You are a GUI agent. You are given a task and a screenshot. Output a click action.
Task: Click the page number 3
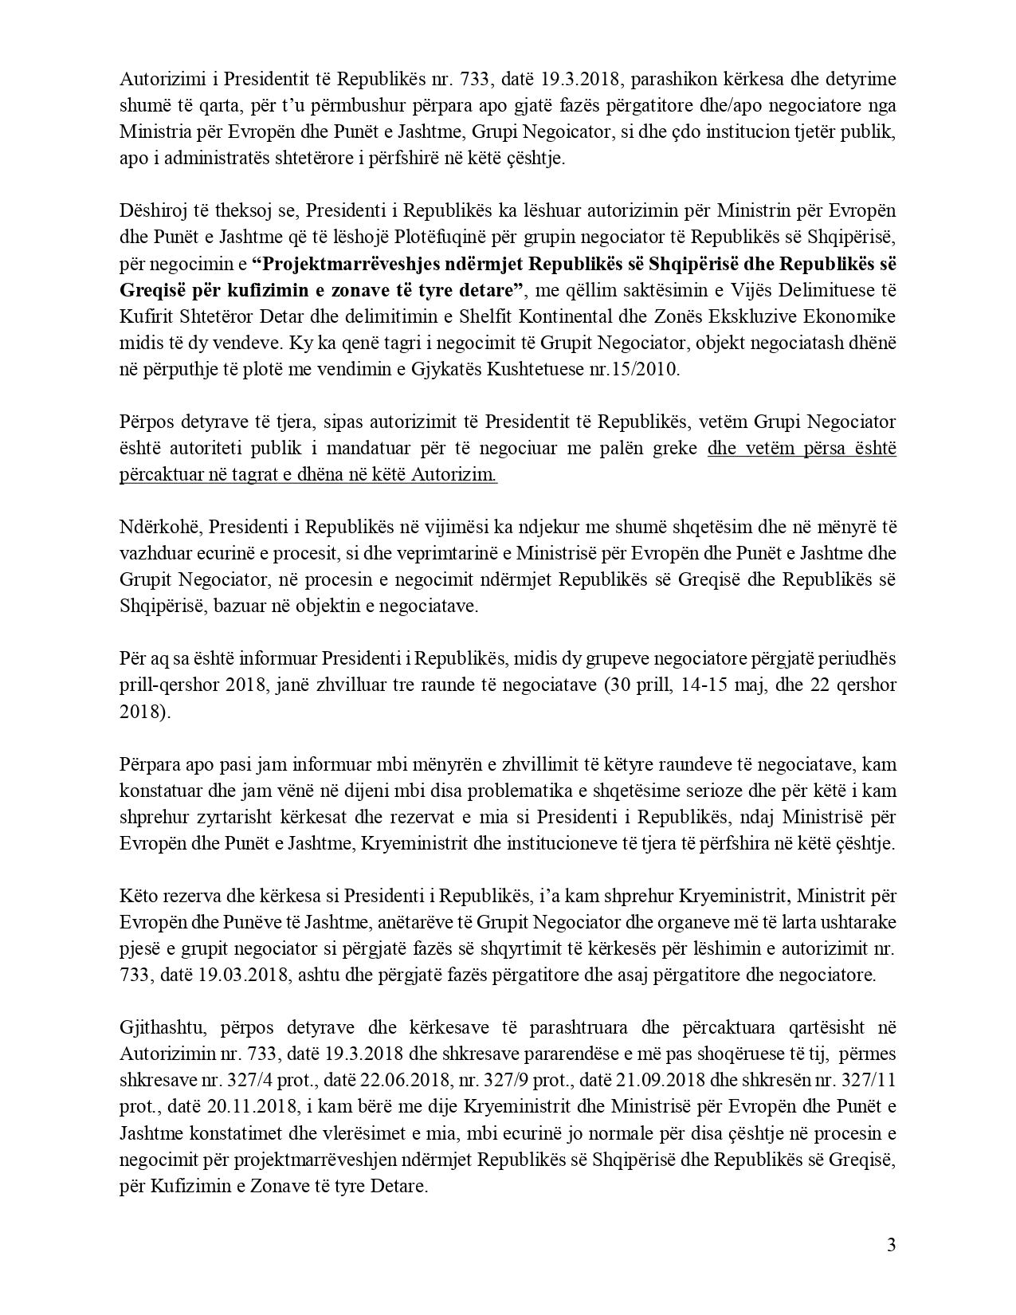click(x=891, y=1245)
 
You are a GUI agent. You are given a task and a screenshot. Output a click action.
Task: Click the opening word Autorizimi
click(x=156, y=80)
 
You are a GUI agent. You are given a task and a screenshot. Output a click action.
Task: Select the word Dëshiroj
click(x=148, y=210)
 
